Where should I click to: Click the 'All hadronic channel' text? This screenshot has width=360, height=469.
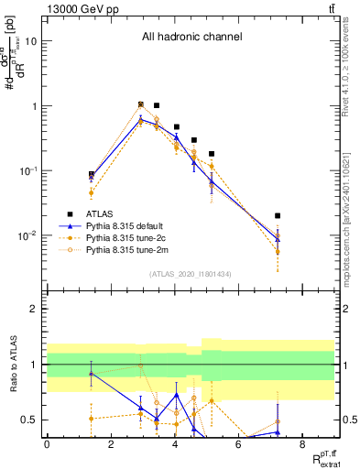[191, 38]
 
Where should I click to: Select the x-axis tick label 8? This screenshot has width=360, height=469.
[302, 444]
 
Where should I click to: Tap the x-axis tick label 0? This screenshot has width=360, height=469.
[47, 444]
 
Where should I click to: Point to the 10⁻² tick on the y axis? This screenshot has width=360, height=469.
[28, 235]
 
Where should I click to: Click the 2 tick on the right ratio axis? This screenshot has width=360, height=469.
[345, 310]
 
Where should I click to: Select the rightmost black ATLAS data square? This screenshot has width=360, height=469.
[278, 216]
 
